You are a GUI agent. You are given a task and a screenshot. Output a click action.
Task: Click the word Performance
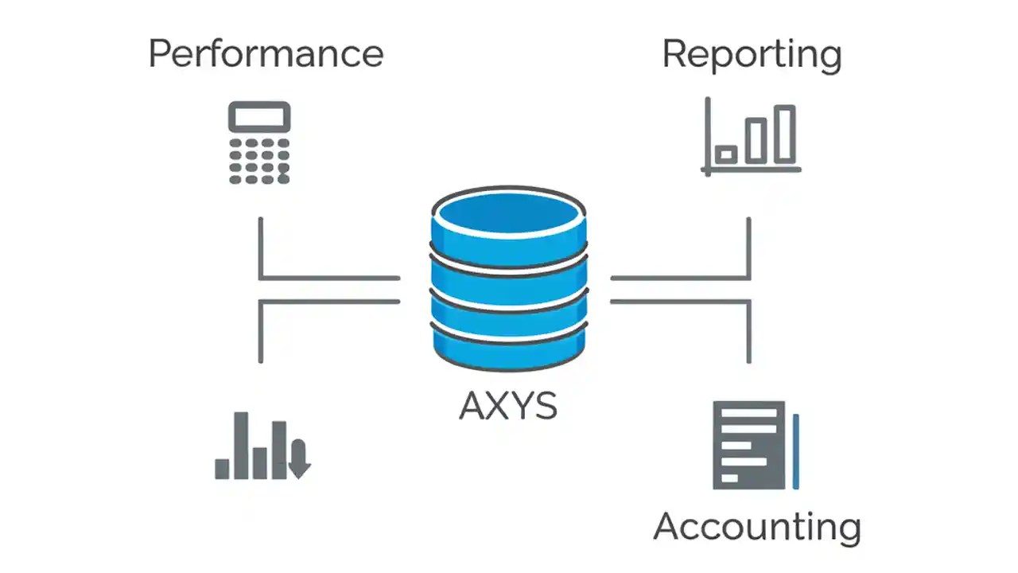pos(266,55)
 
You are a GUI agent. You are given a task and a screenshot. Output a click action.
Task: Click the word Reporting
pos(752,55)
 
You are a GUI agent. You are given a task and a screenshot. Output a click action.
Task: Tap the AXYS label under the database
pos(508,406)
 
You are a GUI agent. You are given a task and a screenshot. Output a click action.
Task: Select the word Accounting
pos(756,527)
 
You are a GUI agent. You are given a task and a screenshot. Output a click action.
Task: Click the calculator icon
pos(259,143)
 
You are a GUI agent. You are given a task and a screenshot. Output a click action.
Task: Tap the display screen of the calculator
pos(259,118)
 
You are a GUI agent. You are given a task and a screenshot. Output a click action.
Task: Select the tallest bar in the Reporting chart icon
pos(785,134)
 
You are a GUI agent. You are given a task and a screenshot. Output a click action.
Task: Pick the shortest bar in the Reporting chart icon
pos(725,154)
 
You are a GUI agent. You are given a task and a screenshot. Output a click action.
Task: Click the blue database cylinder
pos(509,279)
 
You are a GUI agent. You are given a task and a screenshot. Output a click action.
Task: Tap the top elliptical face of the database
pos(509,213)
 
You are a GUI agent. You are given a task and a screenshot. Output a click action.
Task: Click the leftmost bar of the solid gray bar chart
pos(222,469)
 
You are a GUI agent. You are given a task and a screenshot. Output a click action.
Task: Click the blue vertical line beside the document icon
pos(795,450)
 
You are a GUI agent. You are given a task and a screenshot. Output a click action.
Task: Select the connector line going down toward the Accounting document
pos(748,331)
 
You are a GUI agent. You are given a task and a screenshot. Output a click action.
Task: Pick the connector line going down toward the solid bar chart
pos(261,331)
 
